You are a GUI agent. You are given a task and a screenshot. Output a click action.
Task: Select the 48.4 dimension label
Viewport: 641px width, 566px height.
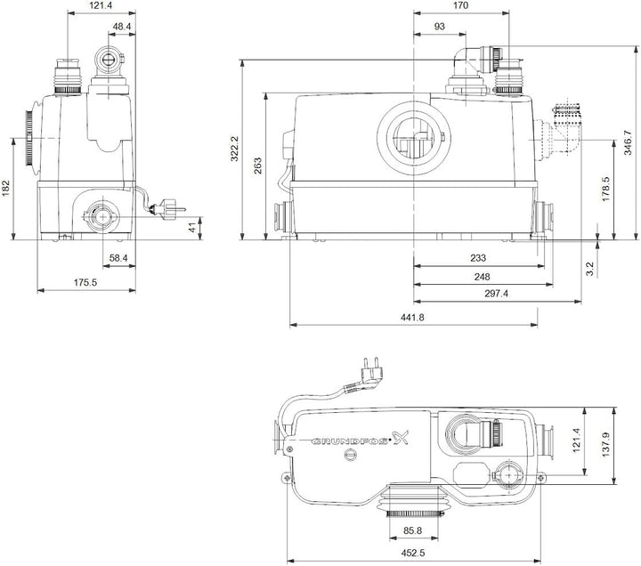[122, 27]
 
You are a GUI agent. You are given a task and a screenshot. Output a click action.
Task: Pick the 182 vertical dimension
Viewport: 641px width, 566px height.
[6, 188]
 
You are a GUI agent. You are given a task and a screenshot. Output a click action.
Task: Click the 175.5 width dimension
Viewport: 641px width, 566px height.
[85, 282]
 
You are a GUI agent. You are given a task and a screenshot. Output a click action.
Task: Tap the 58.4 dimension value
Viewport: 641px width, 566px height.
[118, 257]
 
